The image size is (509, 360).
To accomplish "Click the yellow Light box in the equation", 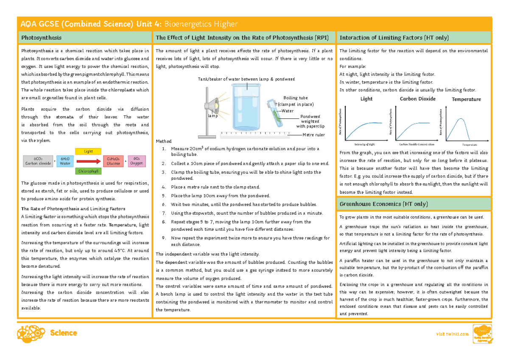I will [x=88, y=151].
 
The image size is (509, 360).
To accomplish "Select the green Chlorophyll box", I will [x=88, y=171].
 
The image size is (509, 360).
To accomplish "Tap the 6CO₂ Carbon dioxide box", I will [x=38, y=161].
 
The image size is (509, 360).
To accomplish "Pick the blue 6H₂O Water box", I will [x=65, y=161].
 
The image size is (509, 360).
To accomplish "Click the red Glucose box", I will [x=114, y=161].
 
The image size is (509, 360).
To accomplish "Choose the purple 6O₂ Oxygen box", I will [x=136, y=161].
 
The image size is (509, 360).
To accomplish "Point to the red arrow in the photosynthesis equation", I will [x=89, y=161].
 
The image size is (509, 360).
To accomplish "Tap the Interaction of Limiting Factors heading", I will [x=394, y=38].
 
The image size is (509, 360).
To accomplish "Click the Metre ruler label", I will [x=313, y=135].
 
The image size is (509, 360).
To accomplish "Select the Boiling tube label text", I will [x=295, y=98].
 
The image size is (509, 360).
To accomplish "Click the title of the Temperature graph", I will [x=466, y=99].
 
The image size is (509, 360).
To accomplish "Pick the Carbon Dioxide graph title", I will [x=417, y=99].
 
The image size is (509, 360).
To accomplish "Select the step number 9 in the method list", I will [x=164, y=238].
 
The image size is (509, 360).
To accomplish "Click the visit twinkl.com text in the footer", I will [x=453, y=334].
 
